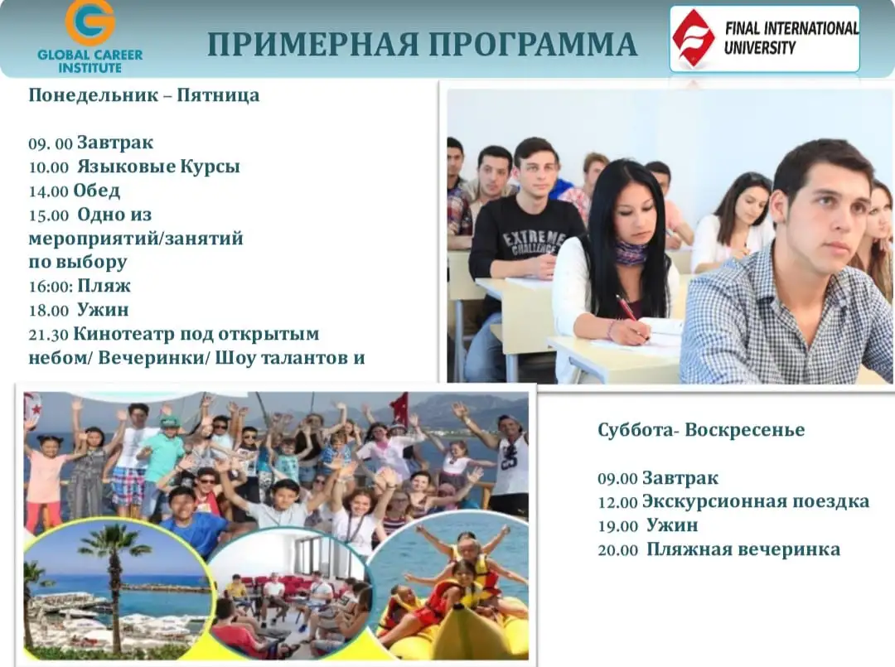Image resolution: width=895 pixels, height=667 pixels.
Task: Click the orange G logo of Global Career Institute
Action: (89, 22)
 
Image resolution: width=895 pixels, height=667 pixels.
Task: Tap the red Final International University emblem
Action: (693, 37)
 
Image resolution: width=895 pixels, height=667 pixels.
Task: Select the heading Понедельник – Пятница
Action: (143, 95)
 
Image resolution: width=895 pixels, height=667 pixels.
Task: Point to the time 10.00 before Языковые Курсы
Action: (48, 167)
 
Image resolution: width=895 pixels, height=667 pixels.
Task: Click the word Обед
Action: (96, 191)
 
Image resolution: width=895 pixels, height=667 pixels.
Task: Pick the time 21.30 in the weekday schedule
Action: (48, 335)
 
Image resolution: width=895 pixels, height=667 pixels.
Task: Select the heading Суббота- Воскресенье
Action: (701, 430)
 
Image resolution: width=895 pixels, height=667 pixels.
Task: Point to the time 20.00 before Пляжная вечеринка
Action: (617, 549)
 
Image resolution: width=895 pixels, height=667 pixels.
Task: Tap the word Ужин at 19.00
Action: (672, 525)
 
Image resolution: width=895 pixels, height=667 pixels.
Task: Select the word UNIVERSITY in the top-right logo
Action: (759, 47)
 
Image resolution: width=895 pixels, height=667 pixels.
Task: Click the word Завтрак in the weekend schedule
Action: (680, 478)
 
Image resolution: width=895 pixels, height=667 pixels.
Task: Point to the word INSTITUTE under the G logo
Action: (89, 67)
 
